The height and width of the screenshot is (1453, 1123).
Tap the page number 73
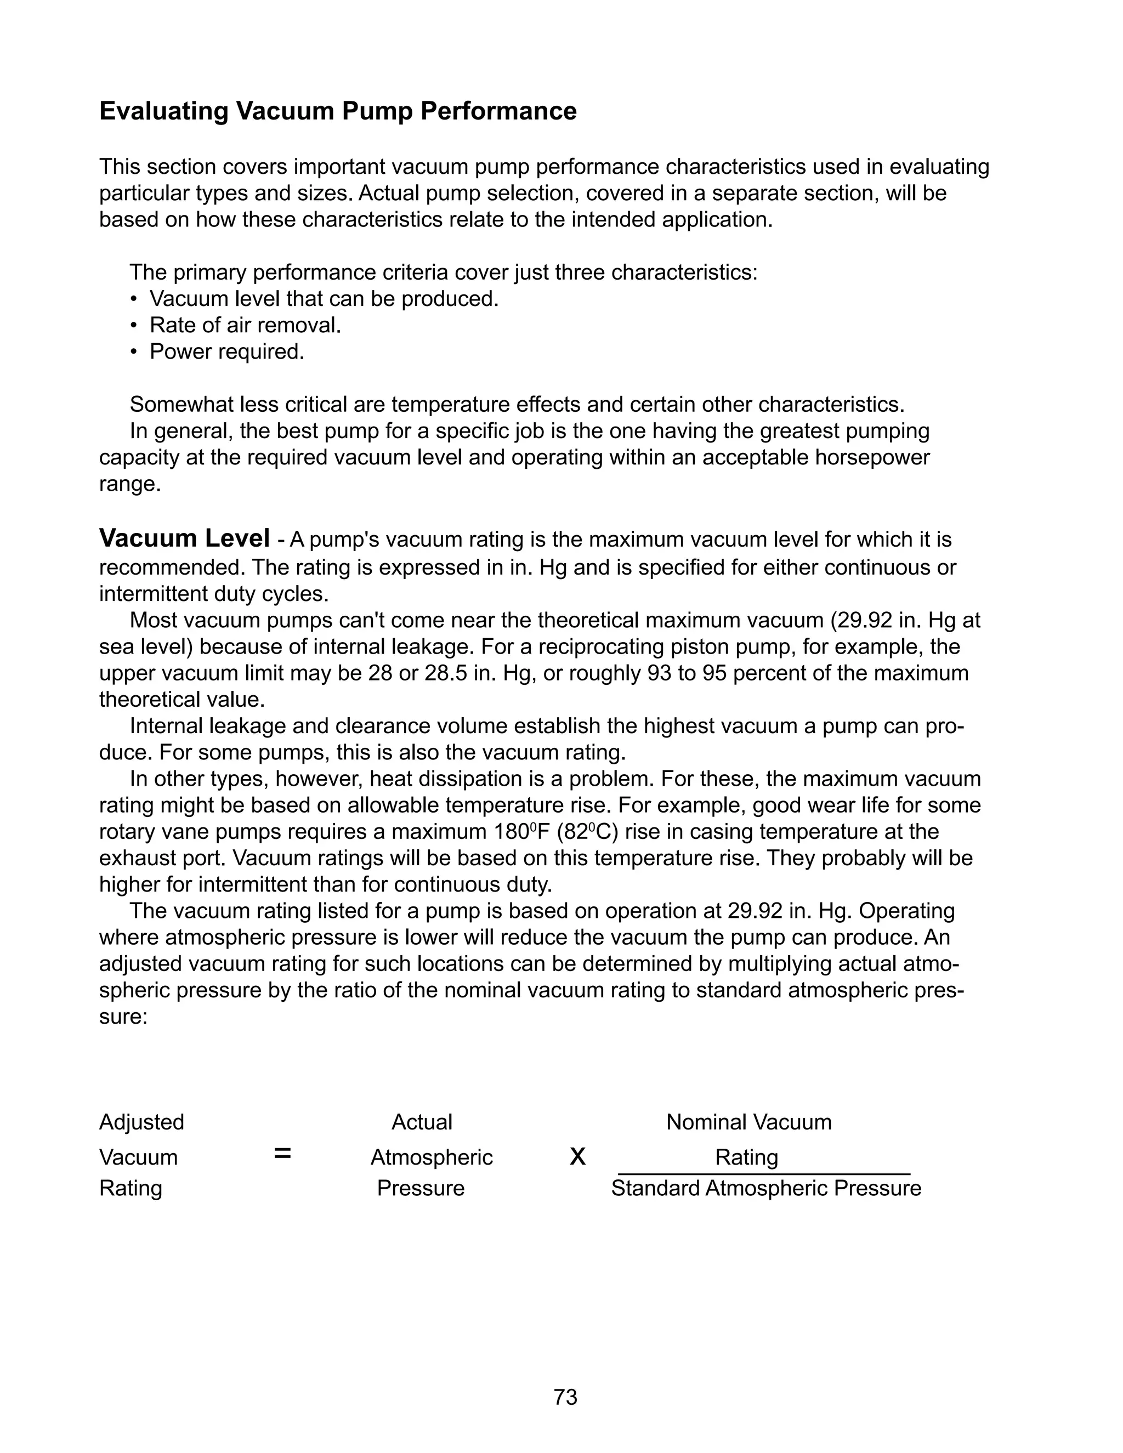[x=565, y=1397]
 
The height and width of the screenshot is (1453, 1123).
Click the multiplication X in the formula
[x=577, y=1157]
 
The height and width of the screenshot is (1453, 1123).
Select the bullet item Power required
[x=226, y=352]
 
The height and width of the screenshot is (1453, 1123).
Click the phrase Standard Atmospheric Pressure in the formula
[x=765, y=1188]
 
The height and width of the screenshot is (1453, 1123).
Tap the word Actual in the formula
[x=421, y=1122]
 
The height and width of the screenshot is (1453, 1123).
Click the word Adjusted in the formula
[x=141, y=1122]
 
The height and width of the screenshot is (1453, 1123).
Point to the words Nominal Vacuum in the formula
[x=748, y=1122]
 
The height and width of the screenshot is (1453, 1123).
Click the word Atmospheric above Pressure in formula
[x=431, y=1157]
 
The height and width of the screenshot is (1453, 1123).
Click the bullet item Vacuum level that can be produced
[x=324, y=299]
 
